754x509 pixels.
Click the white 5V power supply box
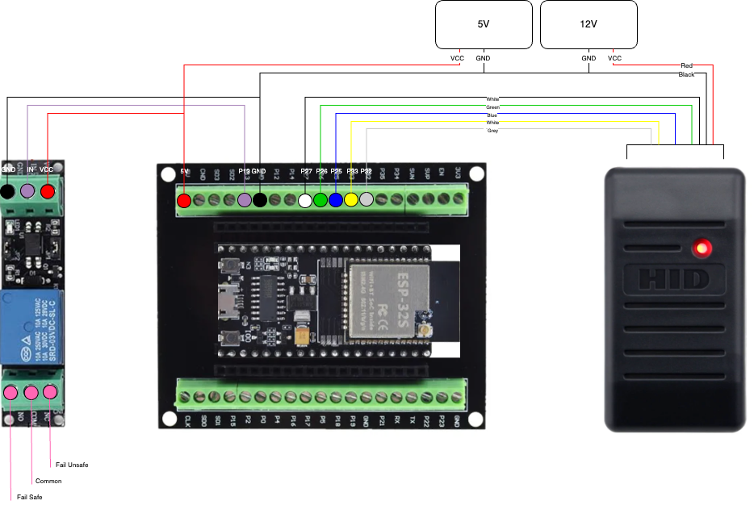point(484,24)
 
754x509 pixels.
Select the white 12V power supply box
point(589,24)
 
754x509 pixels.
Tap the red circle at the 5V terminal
point(184,200)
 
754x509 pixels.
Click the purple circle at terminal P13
point(245,200)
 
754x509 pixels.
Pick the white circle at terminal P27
point(305,200)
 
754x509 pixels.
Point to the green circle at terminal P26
point(320,200)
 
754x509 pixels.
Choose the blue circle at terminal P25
point(336,200)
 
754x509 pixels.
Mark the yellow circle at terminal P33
point(351,199)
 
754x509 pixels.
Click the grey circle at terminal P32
point(367,199)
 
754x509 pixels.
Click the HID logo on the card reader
point(674,279)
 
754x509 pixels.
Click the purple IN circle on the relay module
point(27,191)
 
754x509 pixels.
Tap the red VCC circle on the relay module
point(48,191)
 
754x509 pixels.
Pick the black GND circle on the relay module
point(7,191)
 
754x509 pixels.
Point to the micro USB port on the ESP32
point(225,301)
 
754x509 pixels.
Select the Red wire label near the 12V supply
point(686,65)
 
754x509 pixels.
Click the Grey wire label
point(492,131)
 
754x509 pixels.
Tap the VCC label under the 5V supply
point(457,58)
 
